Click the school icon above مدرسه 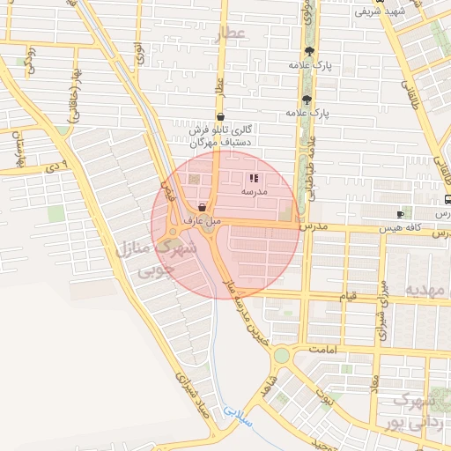(255, 178)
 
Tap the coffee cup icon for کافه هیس (401, 214)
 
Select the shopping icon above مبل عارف (203, 208)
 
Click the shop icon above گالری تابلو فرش (219, 116)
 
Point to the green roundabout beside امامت (281, 355)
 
